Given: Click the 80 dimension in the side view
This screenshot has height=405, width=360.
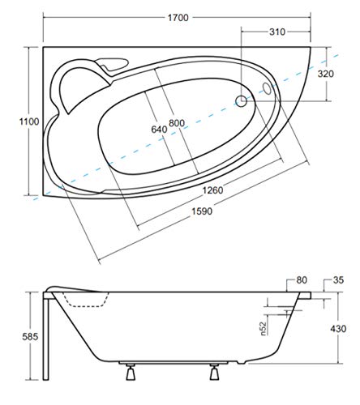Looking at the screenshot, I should pyautogui.click(x=302, y=281).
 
